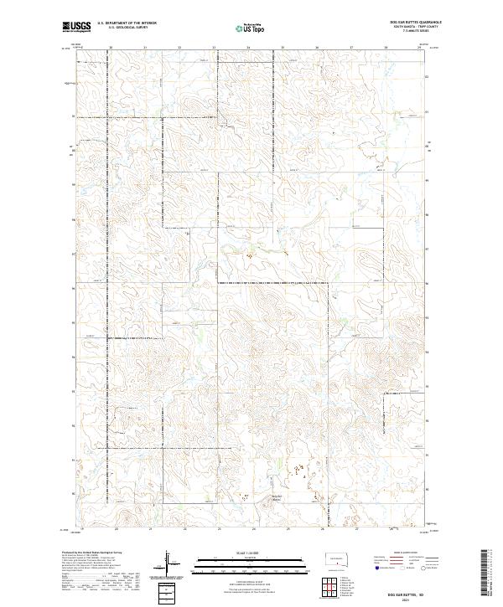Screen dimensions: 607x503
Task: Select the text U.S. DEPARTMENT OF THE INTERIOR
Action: pyautogui.click(x=127, y=23)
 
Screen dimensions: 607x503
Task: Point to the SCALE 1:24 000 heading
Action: pyautogui.click(x=251, y=552)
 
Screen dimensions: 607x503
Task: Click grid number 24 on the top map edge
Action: pyautogui.click(x=248, y=48)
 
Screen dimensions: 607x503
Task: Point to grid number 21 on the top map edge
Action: pyautogui.click(x=144, y=48)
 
